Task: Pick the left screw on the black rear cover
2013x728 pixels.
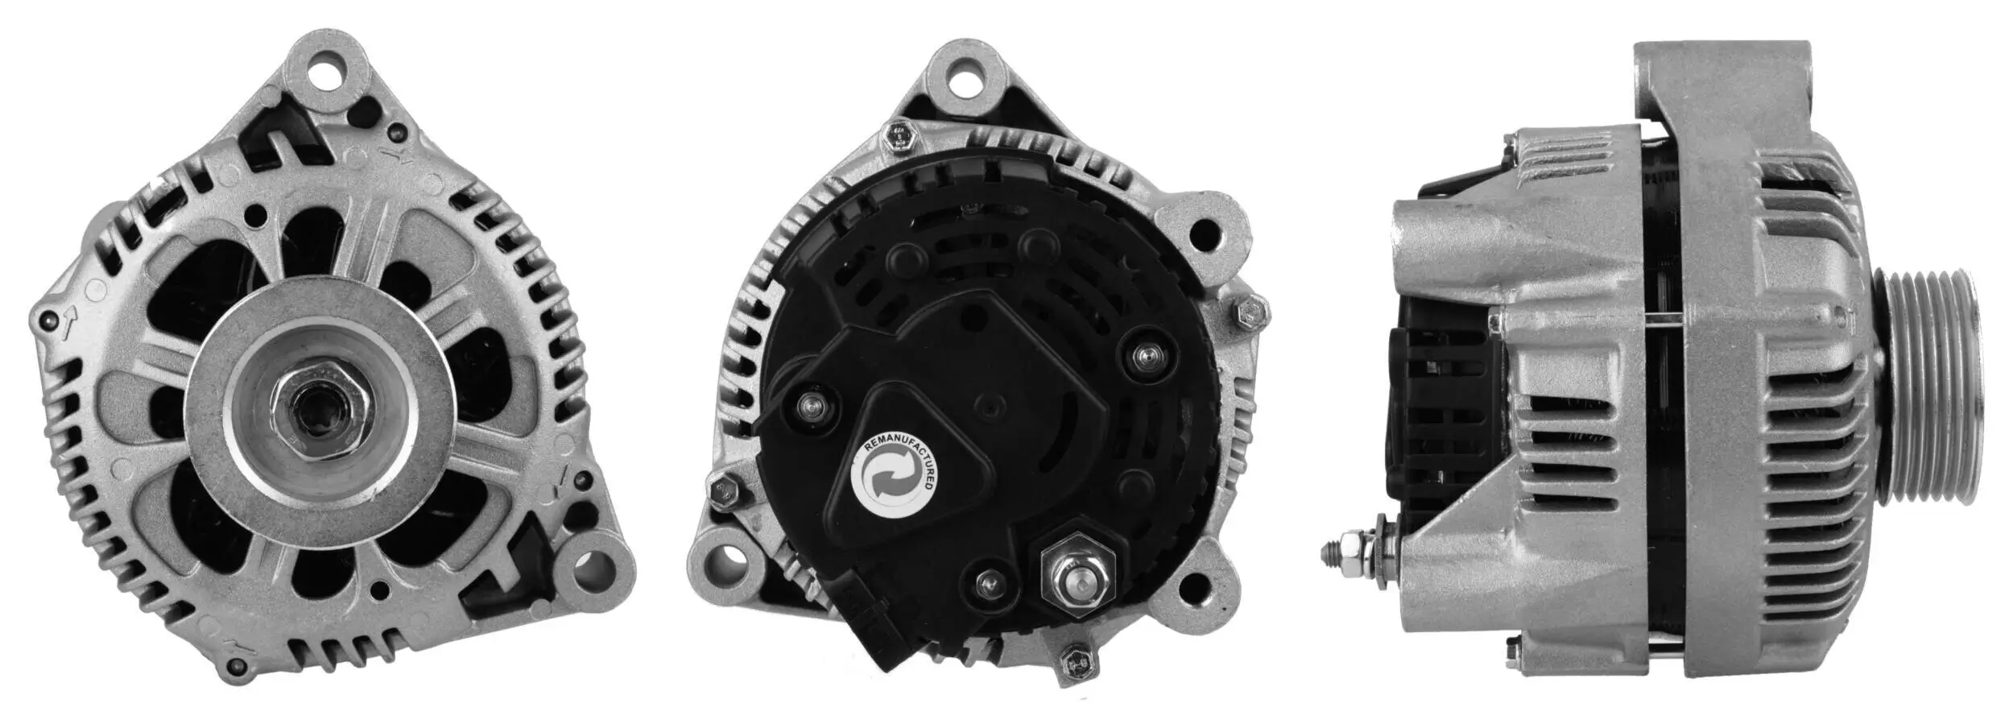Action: (x=811, y=407)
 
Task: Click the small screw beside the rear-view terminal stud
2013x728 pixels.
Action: (x=990, y=582)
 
